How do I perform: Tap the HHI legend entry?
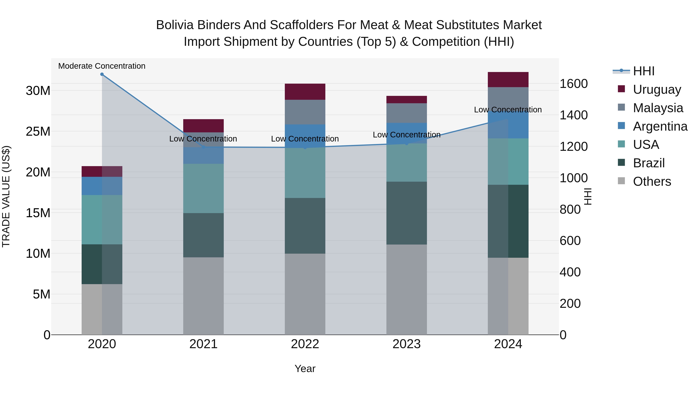pyautogui.click(x=644, y=71)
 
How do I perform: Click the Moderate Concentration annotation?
pyautogui.click(x=102, y=66)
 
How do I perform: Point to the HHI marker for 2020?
pyautogui.click(x=102, y=74)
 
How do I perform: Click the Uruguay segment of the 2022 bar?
pyautogui.click(x=305, y=92)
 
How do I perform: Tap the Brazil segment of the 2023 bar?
pyautogui.click(x=406, y=213)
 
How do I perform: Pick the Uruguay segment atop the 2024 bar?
pyautogui.click(x=508, y=79)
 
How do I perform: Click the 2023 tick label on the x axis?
pyautogui.click(x=406, y=344)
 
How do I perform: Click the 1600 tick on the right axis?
pyautogui.click(x=573, y=84)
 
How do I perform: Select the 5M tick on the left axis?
pyautogui.click(x=41, y=294)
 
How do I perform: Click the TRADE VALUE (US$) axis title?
pyautogui.click(x=6, y=196)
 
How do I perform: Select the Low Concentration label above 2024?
pyautogui.click(x=508, y=110)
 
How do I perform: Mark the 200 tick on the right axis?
pyautogui.click(x=570, y=304)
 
